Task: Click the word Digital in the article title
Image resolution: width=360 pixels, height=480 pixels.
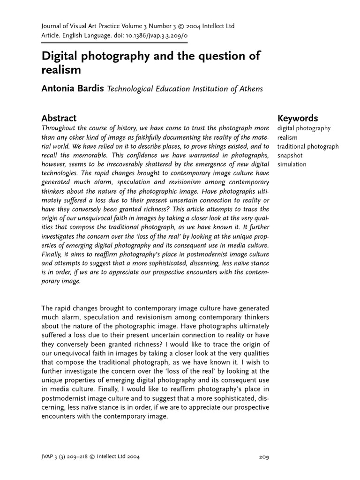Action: tap(58, 57)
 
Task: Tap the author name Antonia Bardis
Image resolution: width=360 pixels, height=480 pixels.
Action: tap(73, 89)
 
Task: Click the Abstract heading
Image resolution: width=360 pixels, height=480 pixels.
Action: tap(59, 118)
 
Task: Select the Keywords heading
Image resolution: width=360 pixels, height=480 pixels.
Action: tap(298, 118)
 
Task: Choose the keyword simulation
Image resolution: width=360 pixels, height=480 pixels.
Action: tap(292, 164)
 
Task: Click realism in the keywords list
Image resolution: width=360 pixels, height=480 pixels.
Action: tap(287, 137)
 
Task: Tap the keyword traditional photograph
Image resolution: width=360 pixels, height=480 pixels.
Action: tap(307, 146)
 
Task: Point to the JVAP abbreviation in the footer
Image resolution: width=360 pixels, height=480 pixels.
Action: tap(50, 456)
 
